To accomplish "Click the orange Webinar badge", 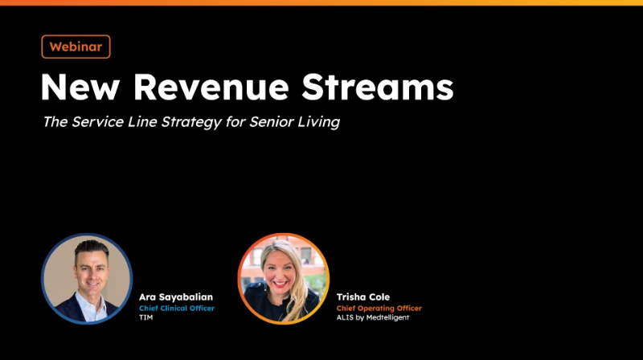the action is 76,47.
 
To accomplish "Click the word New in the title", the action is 80,87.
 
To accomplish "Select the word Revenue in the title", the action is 211,87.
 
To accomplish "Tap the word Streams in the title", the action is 378,87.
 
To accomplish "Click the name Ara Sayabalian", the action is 176,297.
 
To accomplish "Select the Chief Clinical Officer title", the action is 177,309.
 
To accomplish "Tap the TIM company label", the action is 146,317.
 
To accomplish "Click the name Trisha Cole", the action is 363,297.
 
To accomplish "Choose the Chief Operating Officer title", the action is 379,309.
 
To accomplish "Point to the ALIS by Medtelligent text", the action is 373,317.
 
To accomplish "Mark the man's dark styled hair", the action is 91,249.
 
